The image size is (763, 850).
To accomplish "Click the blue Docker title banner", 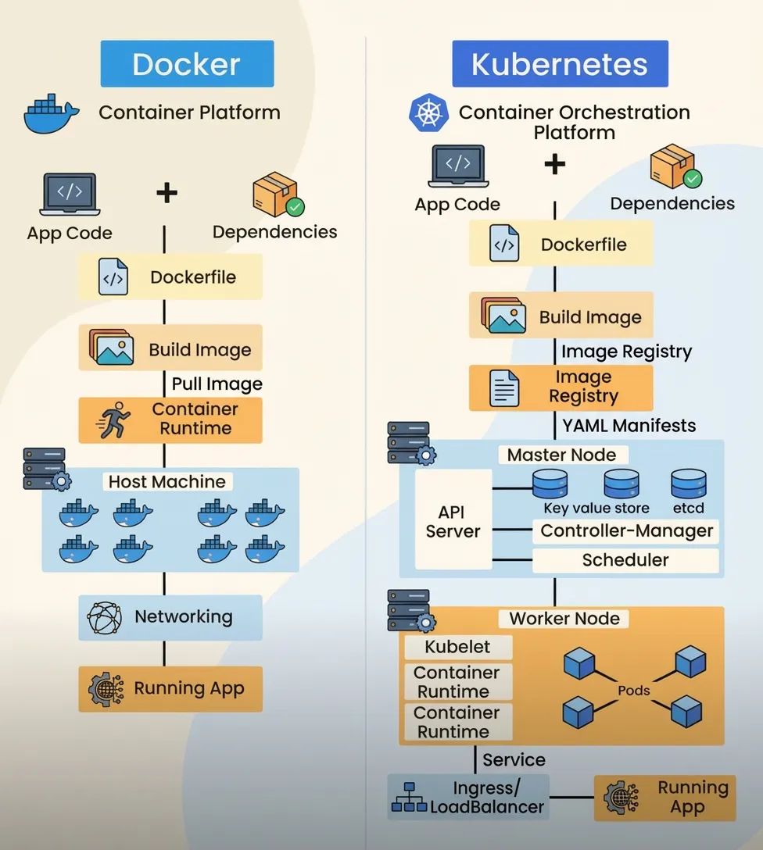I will click(x=187, y=64).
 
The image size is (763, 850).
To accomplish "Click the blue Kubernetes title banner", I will click(x=560, y=64).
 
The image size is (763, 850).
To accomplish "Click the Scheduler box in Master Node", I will click(x=625, y=560).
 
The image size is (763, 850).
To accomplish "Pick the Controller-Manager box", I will click(x=626, y=531).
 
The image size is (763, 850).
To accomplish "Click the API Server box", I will click(x=453, y=521).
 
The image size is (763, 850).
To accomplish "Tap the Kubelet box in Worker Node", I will click(x=457, y=647).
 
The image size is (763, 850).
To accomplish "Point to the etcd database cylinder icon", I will click(x=689, y=484).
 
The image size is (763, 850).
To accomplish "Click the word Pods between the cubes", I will click(x=634, y=691).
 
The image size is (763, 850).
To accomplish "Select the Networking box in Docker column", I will click(x=170, y=617).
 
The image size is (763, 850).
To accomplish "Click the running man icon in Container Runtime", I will click(x=113, y=420).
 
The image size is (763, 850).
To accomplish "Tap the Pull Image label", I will click(x=217, y=384).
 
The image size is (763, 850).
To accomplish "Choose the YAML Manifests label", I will click(x=629, y=426).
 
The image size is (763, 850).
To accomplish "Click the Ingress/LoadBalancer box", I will click(x=469, y=797).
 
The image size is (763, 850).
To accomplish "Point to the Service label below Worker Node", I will click(x=514, y=759).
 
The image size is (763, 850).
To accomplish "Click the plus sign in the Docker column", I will click(x=167, y=193).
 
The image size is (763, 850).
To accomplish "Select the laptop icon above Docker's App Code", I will click(x=69, y=195).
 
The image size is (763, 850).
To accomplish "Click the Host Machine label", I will click(x=167, y=481).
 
